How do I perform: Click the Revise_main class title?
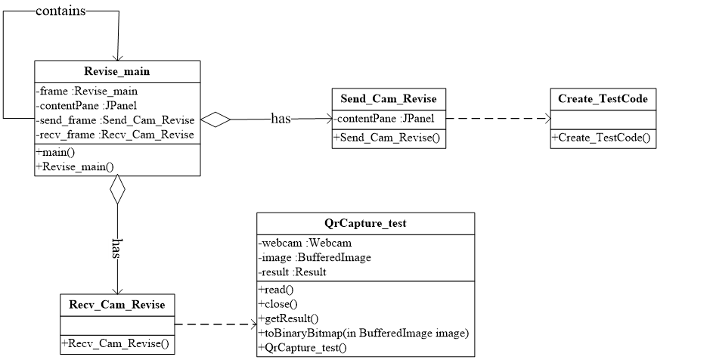pos(117,72)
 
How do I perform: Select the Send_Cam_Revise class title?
pos(388,99)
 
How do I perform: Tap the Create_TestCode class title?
pos(603,99)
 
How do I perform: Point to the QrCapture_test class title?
pos(365,224)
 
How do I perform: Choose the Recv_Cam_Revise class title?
pos(116,306)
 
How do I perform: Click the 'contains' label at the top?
pos(60,11)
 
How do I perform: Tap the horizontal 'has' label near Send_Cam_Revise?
pos(281,119)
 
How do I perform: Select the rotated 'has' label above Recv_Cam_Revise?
pos(116,247)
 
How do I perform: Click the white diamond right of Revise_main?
pos(215,119)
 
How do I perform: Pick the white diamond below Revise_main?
pos(117,190)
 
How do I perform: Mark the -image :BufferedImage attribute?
pos(315,258)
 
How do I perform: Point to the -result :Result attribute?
pos(292,272)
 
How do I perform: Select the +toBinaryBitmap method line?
pos(364,333)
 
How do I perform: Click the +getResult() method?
pos(288,318)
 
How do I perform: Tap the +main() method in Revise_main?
pos(56,152)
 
